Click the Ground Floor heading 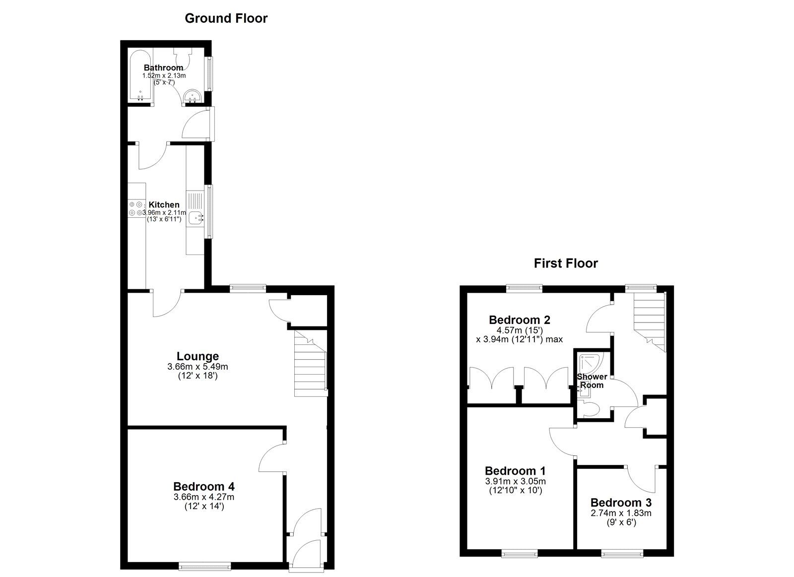226,19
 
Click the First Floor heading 566,263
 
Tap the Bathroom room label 163,67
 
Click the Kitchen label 164,204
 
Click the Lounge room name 198,356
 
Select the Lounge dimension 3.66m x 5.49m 198,367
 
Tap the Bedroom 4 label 203,486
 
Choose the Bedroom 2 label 519,320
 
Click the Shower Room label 592,381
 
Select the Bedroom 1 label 515,470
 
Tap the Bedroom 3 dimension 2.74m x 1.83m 621,513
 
